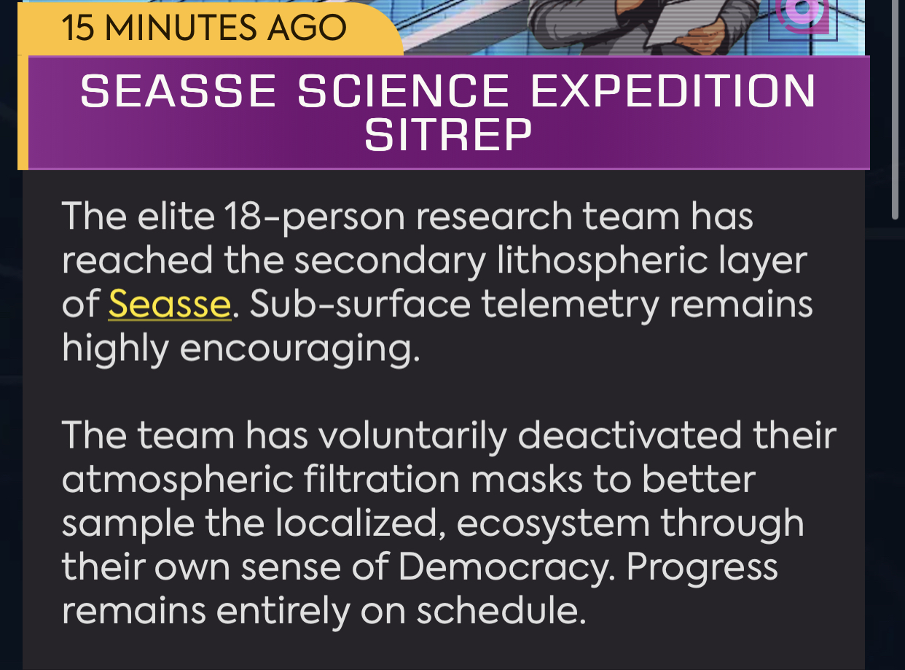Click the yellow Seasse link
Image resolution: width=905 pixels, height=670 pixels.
click(x=170, y=304)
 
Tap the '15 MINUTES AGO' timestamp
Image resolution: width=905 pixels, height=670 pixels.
click(x=204, y=28)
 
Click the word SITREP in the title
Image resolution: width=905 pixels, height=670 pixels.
click(x=448, y=134)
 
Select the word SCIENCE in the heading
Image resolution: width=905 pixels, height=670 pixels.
click(x=403, y=90)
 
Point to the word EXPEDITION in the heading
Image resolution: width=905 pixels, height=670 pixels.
click(x=673, y=90)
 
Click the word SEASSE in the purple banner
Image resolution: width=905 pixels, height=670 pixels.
click(x=178, y=90)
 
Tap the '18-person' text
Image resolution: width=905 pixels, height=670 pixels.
click(x=315, y=217)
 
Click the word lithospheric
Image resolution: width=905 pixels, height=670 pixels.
click(x=603, y=261)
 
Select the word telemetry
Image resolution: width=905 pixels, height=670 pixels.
click(x=570, y=305)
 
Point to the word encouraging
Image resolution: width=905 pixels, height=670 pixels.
click(x=299, y=349)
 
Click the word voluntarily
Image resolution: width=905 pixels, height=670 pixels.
click(x=412, y=437)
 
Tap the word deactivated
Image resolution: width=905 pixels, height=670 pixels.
click(x=630, y=435)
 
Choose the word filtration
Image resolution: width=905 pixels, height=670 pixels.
click(x=382, y=479)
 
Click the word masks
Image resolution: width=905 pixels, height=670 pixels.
click(x=527, y=479)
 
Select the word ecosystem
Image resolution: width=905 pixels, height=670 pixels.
click(x=553, y=524)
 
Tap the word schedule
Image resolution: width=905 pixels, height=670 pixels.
click(x=501, y=611)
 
